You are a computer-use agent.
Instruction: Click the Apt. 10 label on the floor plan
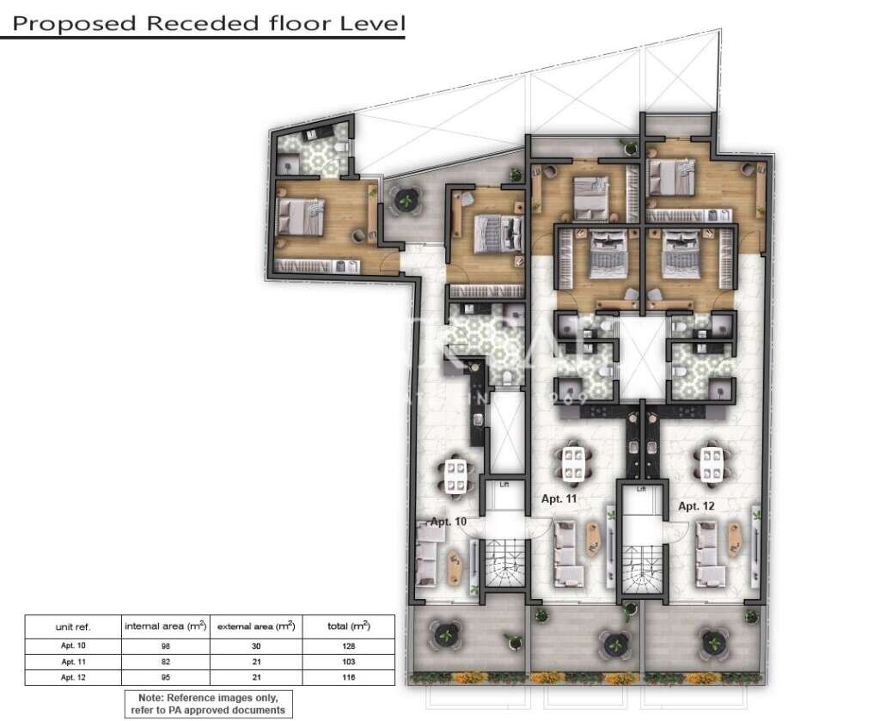[449, 522]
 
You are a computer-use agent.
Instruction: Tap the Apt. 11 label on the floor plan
[559, 498]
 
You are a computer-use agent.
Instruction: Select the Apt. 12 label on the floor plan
[696, 506]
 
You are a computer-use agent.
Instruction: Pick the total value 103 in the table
[348, 662]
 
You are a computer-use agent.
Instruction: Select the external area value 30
[256, 645]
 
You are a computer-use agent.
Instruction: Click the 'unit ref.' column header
[73, 626]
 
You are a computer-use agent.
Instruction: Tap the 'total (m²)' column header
[348, 626]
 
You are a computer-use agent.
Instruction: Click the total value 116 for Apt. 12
[348, 678]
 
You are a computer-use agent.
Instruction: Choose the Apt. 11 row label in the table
[73, 662]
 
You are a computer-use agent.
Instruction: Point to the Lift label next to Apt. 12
[640, 489]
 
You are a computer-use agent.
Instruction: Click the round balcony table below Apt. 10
[445, 635]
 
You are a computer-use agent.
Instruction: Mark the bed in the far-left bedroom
[303, 216]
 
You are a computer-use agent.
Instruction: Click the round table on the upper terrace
[406, 200]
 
